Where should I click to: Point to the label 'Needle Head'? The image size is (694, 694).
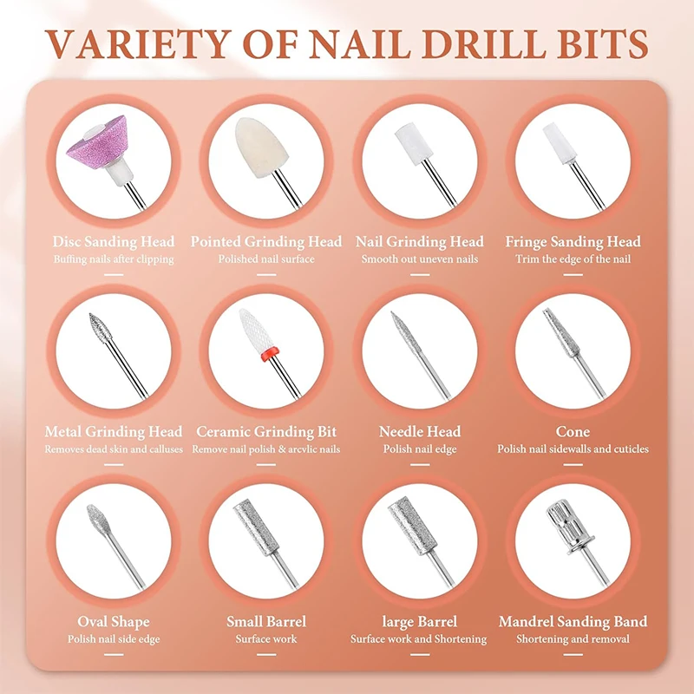point(420,431)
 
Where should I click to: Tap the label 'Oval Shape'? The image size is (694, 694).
point(113,621)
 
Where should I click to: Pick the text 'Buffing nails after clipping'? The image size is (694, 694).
point(113,259)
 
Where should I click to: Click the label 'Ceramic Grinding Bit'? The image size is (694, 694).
point(266,431)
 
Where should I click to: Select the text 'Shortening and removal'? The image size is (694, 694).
point(573,639)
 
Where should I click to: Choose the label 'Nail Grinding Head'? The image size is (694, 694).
point(420,241)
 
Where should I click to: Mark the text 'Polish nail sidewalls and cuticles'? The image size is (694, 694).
point(573,448)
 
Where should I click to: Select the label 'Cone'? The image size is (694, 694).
point(573,431)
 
